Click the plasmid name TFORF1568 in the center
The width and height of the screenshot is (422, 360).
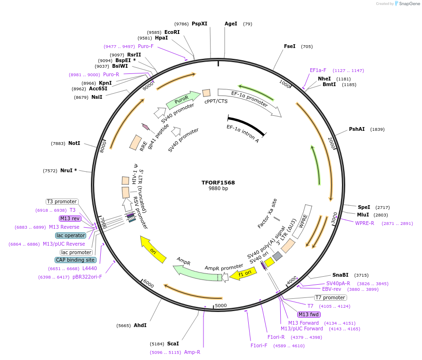coord(218,183)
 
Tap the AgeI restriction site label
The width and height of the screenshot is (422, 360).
coord(231,24)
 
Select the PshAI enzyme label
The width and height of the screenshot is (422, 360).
coord(357,129)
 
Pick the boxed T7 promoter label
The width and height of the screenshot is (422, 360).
coord(330,297)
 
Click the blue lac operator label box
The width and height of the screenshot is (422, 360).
coord(71,235)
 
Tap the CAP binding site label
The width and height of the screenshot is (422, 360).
coord(75,260)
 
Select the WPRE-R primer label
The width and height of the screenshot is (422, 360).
coord(365,223)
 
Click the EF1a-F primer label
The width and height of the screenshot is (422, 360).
coord(318,70)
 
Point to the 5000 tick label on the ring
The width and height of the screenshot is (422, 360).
coord(221,305)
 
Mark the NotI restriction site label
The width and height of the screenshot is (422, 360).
coord(74,143)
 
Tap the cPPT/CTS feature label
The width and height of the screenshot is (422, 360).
coord(216,101)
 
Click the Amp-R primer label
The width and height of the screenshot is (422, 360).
coord(192,352)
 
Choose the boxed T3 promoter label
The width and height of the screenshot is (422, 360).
coord(62,201)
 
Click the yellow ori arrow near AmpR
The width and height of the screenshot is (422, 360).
coord(154,249)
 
